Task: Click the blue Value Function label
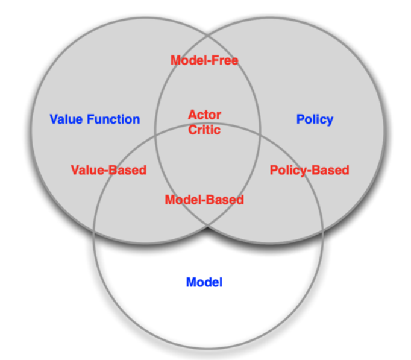click(95, 119)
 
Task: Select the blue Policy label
click(315, 119)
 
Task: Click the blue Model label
click(204, 282)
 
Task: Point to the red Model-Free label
click(204, 60)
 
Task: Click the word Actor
click(205, 114)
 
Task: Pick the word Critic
click(205, 129)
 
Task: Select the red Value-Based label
click(108, 170)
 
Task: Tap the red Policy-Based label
click(309, 170)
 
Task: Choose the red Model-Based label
click(204, 200)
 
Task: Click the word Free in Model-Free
click(224, 60)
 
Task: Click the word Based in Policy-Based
click(330, 170)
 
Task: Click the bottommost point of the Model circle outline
click(208, 349)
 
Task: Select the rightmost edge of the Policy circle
click(384, 129)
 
